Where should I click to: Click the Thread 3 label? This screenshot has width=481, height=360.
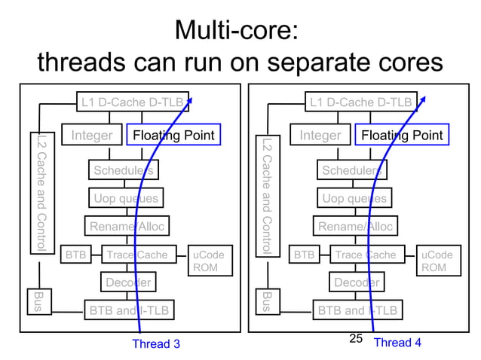pyautogui.click(x=156, y=344)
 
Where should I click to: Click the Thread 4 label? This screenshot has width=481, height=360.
pyautogui.click(x=397, y=343)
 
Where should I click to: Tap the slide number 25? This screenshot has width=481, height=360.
pyautogui.click(x=357, y=339)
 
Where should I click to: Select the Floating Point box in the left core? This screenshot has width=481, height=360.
pyautogui.click(x=173, y=136)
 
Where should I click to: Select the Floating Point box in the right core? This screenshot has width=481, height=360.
pyautogui.click(x=401, y=136)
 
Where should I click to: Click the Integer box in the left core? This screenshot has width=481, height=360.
pyautogui.click(x=91, y=136)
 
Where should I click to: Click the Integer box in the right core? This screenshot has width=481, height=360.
pyautogui.click(x=320, y=136)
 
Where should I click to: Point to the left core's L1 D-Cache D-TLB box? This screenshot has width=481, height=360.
pyautogui.click(x=132, y=102)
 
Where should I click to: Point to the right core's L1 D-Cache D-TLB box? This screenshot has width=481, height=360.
pyautogui.click(x=360, y=102)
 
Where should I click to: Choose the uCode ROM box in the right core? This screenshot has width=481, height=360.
pyautogui.click(x=437, y=261)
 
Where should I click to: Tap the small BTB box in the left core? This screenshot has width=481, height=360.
pyautogui.click(x=75, y=255)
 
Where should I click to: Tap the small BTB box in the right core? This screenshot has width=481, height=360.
pyautogui.click(x=304, y=255)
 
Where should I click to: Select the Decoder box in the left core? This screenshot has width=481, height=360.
pyautogui.click(x=128, y=282)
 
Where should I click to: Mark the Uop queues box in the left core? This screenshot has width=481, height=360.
pyautogui.click(x=125, y=198)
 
